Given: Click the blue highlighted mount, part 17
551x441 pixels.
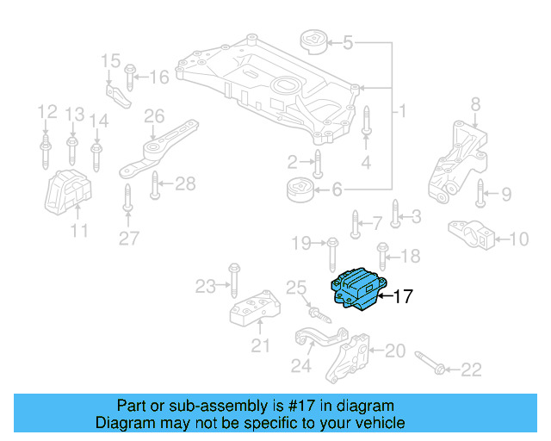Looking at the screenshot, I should tap(357, 287).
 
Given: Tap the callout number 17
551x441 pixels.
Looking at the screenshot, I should tap(403, 297).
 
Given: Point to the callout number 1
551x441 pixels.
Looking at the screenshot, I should tap(403, 112).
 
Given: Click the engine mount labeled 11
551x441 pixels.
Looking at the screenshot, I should tap(69, 194).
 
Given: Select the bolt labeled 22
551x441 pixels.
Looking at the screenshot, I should tap(430, 363).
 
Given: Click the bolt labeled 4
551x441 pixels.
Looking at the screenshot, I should tap(366, 122).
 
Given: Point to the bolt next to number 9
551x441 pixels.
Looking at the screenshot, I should tap(480, 196).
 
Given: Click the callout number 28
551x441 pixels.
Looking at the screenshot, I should tap(185, 183).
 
